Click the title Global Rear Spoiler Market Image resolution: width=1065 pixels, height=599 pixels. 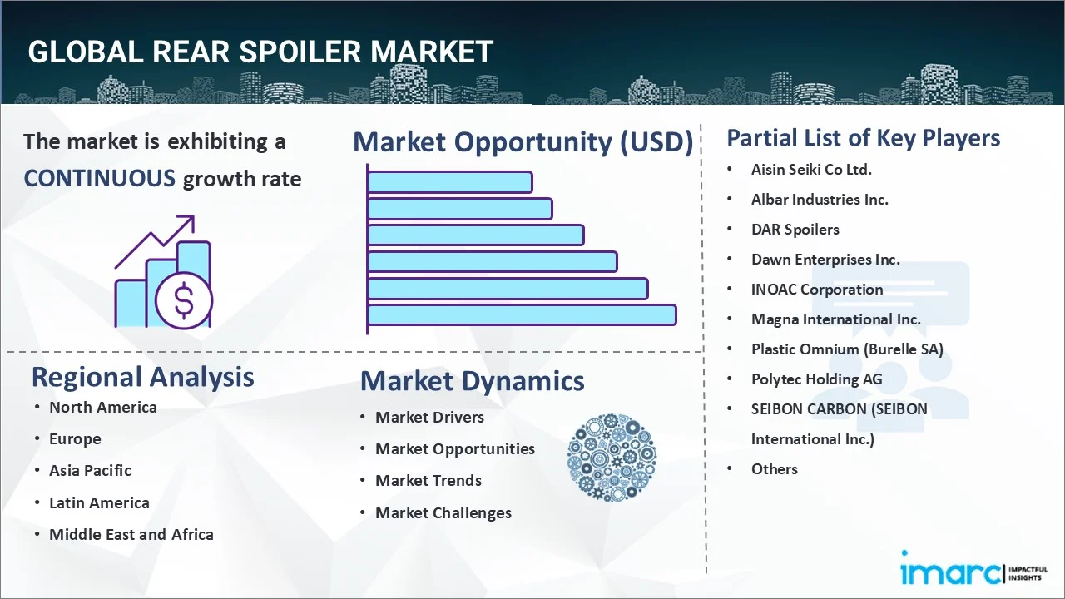click(x=260, y=52)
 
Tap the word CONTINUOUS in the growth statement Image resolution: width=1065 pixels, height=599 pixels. click(x=99, y=178)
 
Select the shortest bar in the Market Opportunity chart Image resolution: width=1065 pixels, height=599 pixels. click(x=449, y=181)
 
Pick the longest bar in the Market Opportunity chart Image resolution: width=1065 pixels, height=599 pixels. click(x=522, y=314)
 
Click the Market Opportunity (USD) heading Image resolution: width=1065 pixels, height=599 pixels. click(x=523, y=142)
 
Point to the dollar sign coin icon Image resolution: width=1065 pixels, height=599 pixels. click(x=184, y=300)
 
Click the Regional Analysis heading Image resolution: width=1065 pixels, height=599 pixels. click(x=142, y=377)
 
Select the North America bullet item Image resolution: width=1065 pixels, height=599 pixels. click(x=102, y=407)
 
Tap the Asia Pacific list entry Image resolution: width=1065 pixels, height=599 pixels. click(x=90, y=470)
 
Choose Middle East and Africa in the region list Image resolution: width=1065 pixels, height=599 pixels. click(x=131, y=534)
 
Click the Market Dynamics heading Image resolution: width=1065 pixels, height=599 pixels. click(x=472, y=381)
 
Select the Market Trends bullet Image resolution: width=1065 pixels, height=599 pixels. click(x=428, y=480)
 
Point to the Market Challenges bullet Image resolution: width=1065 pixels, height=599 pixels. click(x=443, y=512)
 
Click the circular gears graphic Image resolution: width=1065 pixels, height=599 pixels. click(x=612, y=458)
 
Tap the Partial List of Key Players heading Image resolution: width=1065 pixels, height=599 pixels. click(x=863, y=137)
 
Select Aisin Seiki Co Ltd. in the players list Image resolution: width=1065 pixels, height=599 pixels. click(x=811, y=169)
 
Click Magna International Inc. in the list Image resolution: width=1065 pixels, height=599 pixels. click(x=835, y=319)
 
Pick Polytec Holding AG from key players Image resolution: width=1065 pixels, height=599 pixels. click(x=816, y=379)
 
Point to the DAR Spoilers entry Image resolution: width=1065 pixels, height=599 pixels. click(x=795, y=229)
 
